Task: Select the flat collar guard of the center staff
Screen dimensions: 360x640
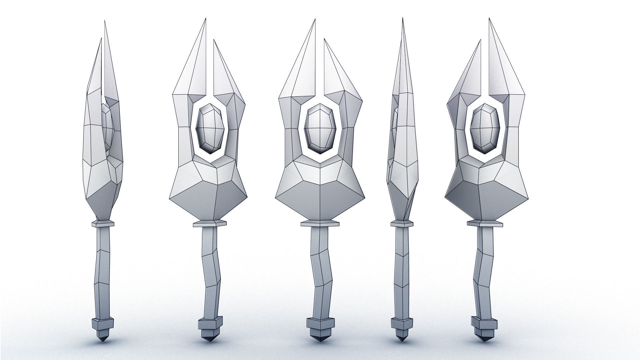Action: [x=320, y=223]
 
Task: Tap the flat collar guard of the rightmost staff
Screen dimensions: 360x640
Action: [x=484, y=223]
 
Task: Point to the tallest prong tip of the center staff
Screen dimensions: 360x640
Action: [x=315, y=20]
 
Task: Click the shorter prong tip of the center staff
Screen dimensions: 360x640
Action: [x=325, y=40]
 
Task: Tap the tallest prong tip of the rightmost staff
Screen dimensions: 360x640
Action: [x=489, y=19]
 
